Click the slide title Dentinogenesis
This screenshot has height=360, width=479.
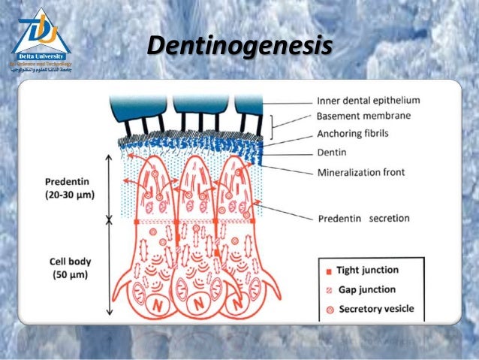coord(239,47)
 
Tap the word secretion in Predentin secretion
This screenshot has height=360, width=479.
coord(389,218)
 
